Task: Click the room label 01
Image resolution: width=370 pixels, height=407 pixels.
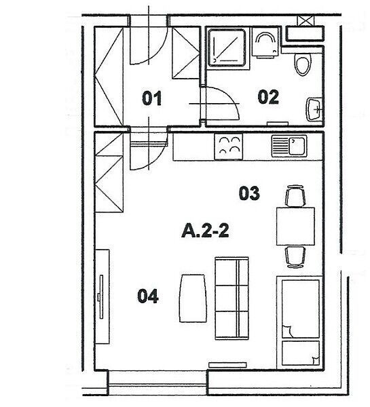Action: click(x=152, y=98)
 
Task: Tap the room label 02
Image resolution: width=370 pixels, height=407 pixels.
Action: click(x=268, y=97)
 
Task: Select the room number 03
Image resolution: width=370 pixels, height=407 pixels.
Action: click(x=249, y=193)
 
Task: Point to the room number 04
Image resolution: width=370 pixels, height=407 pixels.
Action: click(x=148, y=296)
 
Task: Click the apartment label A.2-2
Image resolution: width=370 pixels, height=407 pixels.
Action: click(x=205, y=231)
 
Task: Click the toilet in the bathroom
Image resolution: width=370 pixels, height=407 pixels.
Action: click(x=303, y=64)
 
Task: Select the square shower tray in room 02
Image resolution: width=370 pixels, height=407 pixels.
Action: click(x=227, y=47)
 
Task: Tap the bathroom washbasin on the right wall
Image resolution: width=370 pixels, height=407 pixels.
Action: click(x=314, y=109)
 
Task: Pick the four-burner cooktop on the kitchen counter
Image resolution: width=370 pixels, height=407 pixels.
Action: click(x=228, y=147)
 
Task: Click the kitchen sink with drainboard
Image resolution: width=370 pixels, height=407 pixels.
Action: click(x=289, y=146)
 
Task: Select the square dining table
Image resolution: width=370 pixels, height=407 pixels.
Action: click(x=295, y=226)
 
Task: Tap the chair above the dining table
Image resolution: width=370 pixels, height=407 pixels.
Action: click(x=295, y=196)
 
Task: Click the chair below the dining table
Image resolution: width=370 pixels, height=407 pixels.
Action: click(x=295, y=256)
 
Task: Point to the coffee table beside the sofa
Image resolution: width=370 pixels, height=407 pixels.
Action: click(x=193, y=298)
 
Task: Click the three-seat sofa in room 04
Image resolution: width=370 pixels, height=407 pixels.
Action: click(x=232, y=298)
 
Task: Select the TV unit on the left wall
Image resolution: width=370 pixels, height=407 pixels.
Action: click(x=102, y=296)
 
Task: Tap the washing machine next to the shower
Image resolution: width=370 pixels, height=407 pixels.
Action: click(x=265, y=42)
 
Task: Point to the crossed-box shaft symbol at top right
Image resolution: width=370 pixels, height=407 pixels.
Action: click(x=306, y=21)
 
